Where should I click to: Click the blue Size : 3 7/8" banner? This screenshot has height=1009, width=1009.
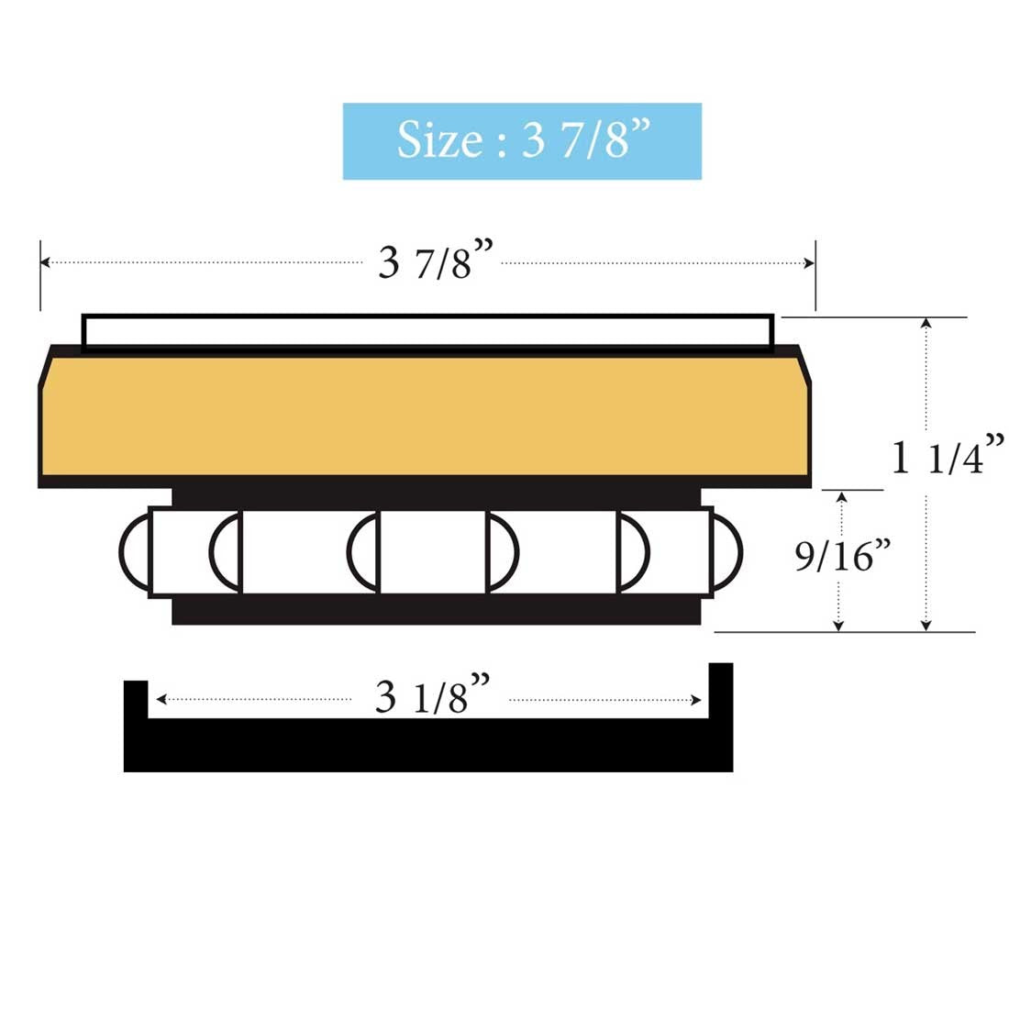522,141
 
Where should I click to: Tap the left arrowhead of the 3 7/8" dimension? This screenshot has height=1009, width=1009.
45,263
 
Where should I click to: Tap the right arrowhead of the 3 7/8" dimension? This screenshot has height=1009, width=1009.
810,263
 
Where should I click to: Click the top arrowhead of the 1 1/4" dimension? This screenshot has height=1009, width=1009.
926,323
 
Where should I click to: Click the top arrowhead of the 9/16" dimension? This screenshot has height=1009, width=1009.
838,496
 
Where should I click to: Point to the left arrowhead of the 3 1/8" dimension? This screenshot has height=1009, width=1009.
161,699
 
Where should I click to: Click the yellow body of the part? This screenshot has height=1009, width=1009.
424,416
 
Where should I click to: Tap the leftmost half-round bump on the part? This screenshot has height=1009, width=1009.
134,551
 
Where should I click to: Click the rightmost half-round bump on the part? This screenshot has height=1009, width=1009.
726,551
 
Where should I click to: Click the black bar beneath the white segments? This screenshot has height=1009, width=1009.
436,609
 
